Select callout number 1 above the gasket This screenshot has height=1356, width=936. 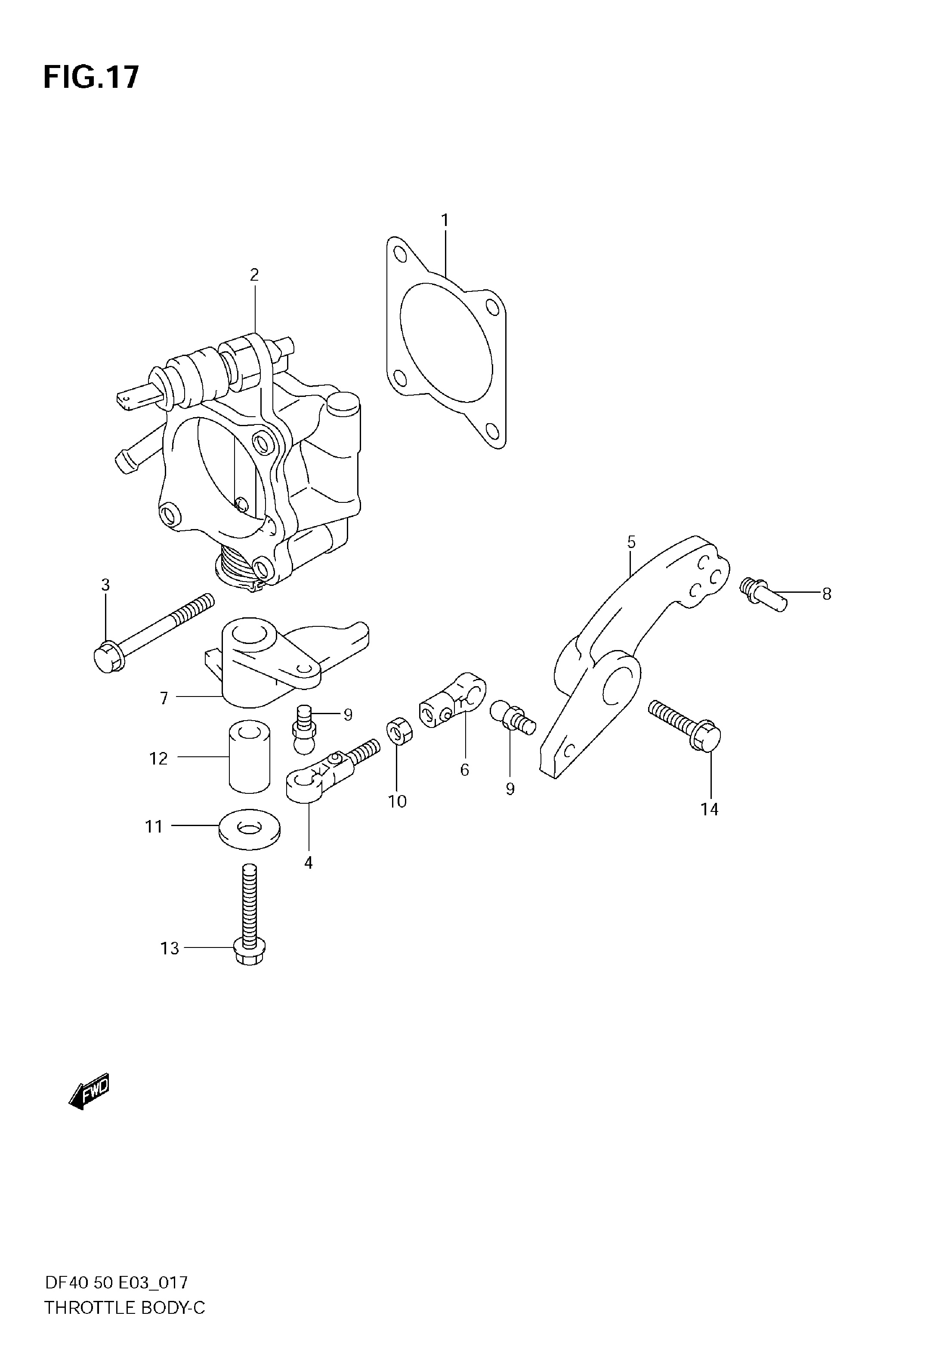click(x=445, y=220)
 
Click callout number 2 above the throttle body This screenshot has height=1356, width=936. click(x=254, y=275)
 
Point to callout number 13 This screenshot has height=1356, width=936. click(x=170, y=948)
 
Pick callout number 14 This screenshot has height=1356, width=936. click(x=709, y=809)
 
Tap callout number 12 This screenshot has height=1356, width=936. click(x=158, y=759)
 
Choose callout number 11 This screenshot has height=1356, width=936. click(x=154, y=827)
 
